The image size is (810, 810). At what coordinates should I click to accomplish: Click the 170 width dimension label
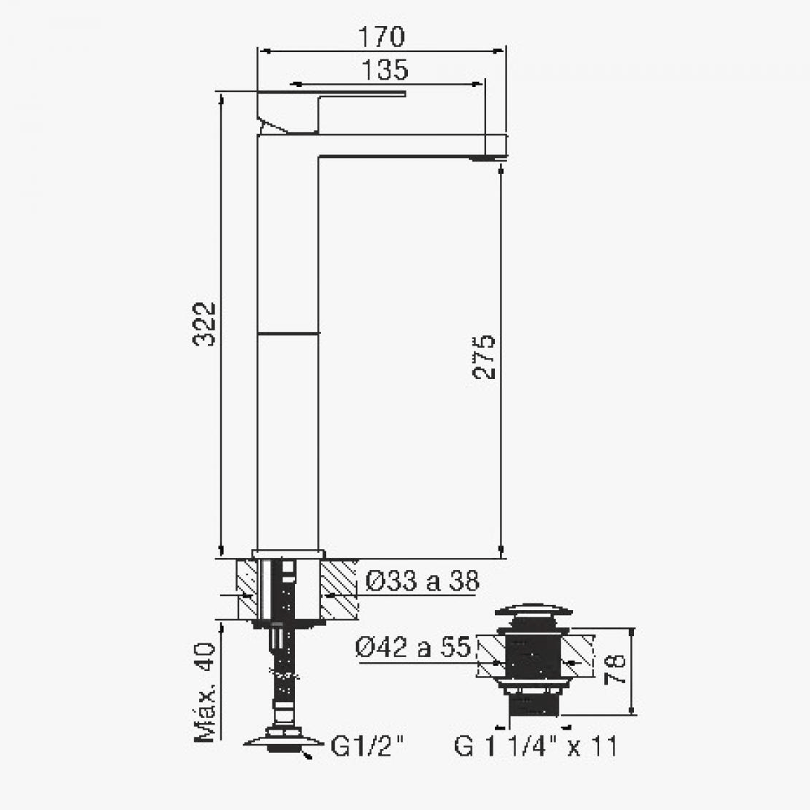click(381, 37)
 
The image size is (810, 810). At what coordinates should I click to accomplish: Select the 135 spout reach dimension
click(385, 70)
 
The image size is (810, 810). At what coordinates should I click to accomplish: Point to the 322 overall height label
click(204, 323)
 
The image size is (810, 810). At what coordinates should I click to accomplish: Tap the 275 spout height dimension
click(483, 357)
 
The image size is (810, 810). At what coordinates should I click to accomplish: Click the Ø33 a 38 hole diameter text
click(422, 581)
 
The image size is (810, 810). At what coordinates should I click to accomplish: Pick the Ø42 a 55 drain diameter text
click(413, 647)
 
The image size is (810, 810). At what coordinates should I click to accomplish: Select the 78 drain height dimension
click(614, 669)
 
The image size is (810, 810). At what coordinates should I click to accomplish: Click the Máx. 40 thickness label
click(204, 692)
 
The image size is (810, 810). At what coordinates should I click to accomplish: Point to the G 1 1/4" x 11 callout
click(535, 746)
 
